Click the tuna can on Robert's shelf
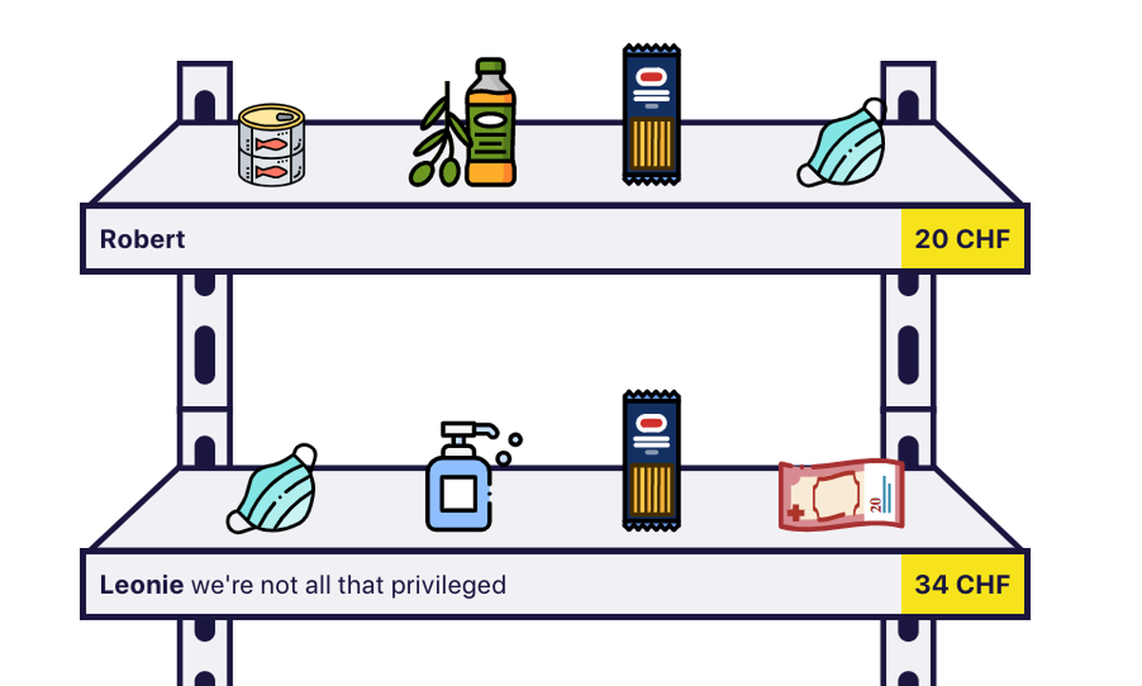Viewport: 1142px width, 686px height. [272, 145]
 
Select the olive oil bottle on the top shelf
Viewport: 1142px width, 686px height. [490, 123]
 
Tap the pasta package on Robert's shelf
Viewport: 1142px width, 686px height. [652, 114]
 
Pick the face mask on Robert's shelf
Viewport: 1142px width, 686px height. [842, 144]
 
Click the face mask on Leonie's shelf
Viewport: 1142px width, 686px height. [272, 489]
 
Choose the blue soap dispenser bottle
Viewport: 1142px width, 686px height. [459, 477]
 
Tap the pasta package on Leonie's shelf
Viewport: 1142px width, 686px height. [652, 461]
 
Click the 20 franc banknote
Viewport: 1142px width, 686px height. [841, 495]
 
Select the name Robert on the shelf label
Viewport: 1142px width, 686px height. [142, 239]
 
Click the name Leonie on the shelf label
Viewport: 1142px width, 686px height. [142, 584]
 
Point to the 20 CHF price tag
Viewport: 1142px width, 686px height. [962, 239]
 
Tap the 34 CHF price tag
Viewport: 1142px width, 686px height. [962, 584]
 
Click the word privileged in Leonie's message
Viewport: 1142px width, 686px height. [448, 585]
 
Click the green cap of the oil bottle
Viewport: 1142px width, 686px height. [490, 67]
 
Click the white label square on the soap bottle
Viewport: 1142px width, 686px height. [459, 494]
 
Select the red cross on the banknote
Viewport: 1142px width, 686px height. [796, 512]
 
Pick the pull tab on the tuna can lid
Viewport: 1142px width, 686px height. [285, 117]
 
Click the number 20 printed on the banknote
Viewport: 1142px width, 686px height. [876, 504]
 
